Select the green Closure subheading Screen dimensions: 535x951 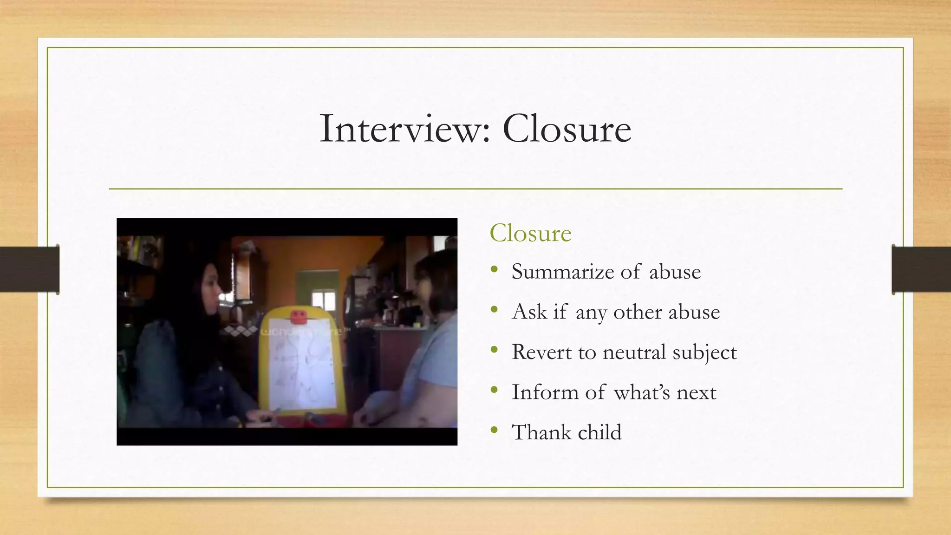530,233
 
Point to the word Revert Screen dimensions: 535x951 541,352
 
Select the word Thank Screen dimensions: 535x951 541,432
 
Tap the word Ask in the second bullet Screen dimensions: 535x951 529,312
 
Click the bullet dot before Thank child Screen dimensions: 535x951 494,430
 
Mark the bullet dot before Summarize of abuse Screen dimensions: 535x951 494,269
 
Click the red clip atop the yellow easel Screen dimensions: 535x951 299,317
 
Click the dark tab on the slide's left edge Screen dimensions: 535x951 29,269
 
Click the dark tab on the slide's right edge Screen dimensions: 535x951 921,269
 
